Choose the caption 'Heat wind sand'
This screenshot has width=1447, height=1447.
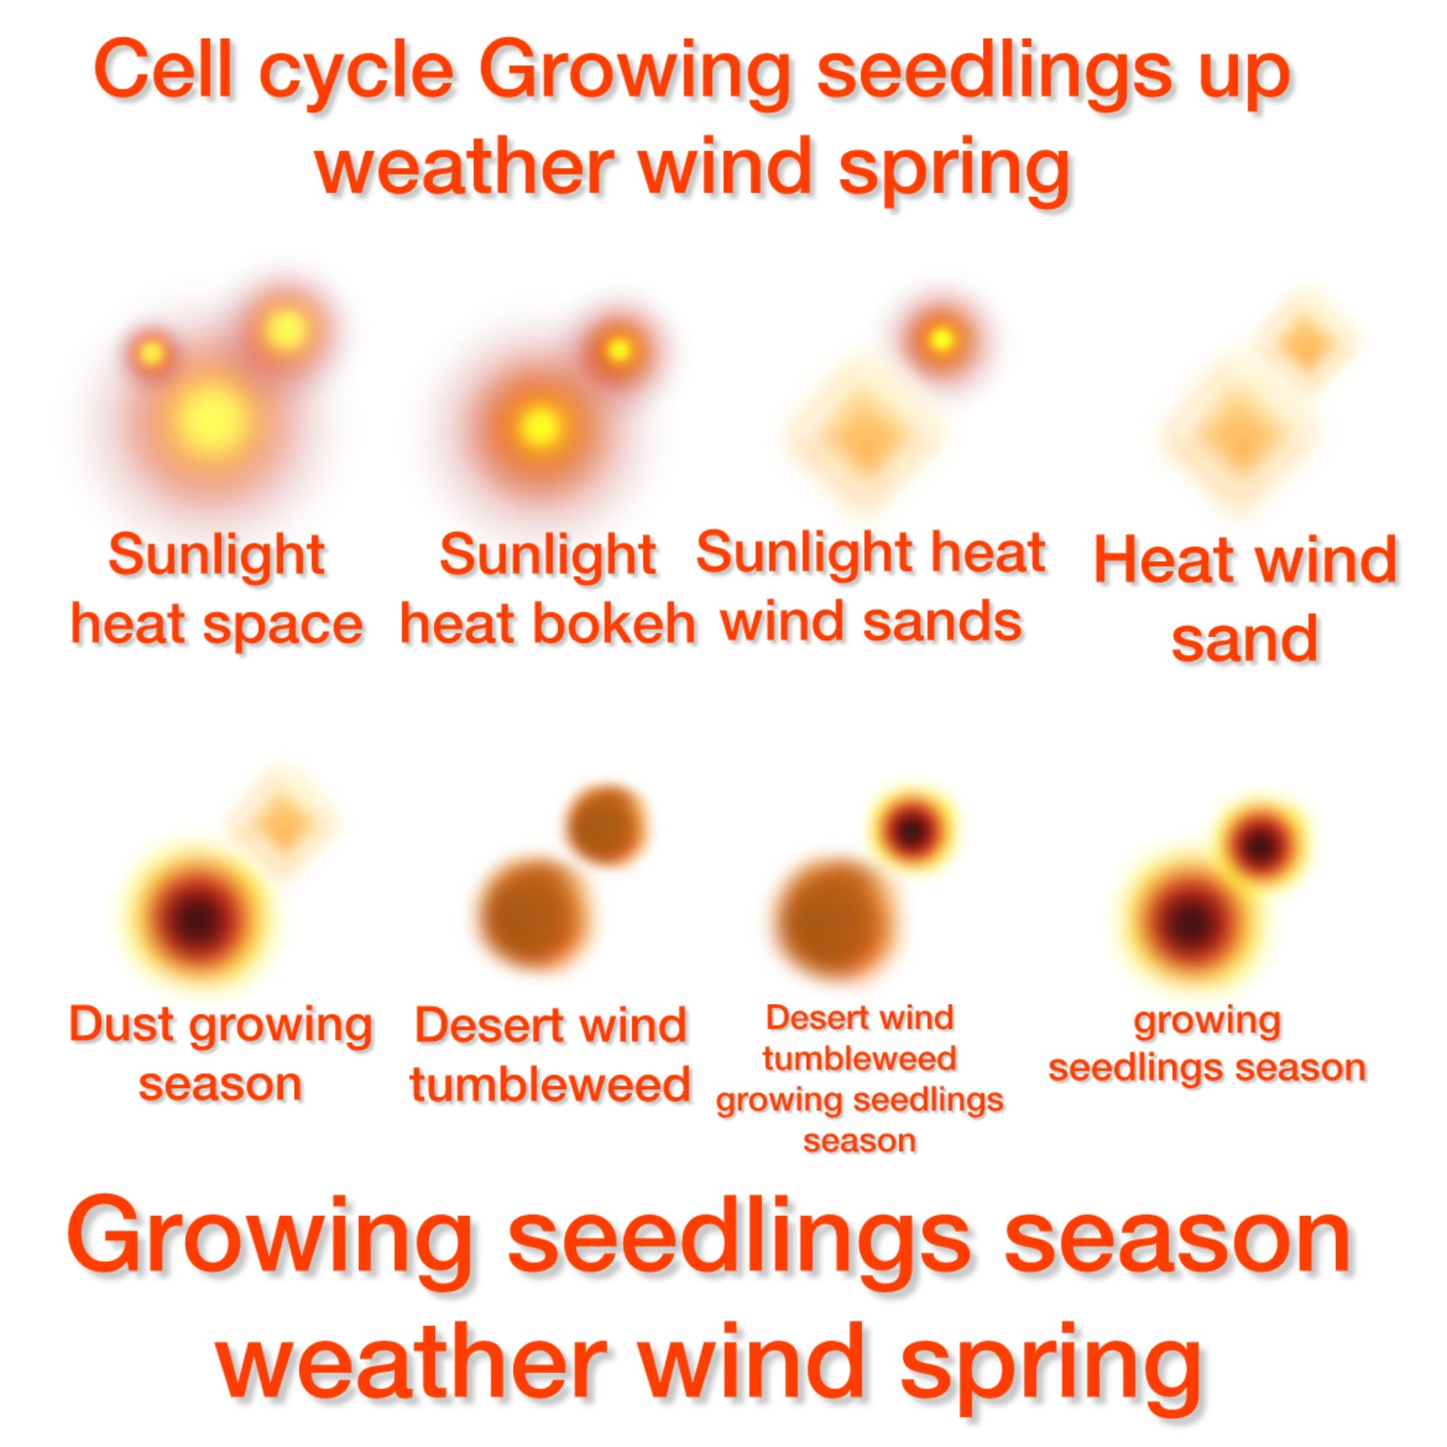(1245, 597)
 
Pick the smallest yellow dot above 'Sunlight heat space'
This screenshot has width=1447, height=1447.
(152, 353)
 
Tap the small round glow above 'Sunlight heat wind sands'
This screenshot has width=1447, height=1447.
(940, 340)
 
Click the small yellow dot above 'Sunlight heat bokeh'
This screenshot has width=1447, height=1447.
(619, 349)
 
